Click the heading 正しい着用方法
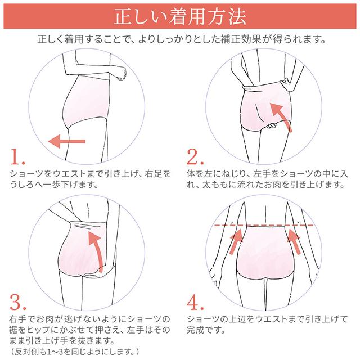click(x=180, y=16)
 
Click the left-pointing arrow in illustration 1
click(x=66, y=141)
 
